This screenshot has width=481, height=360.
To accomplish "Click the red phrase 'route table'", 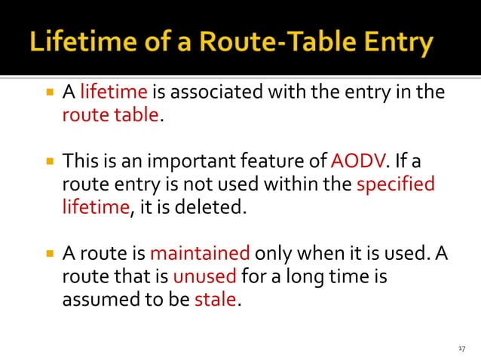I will [x=111, y=115].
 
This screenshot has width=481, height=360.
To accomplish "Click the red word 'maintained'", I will [x=200, y=254].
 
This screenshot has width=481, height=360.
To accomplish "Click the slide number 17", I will [x=462, y=348].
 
